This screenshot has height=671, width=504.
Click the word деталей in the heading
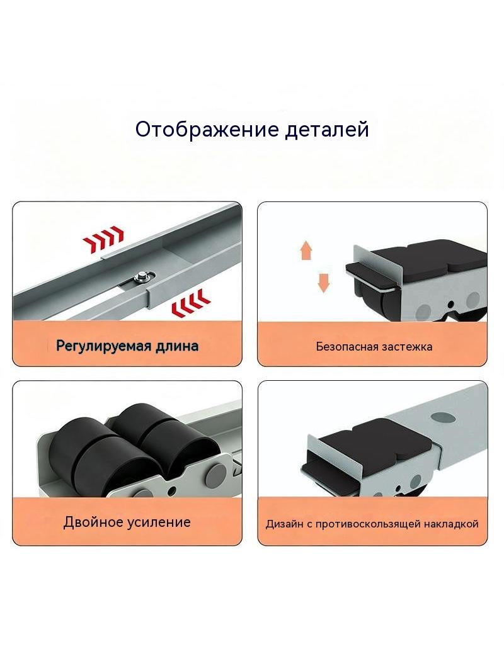(327, 129)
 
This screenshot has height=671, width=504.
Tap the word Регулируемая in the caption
(103, 346)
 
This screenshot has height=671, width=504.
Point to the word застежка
(406, 347)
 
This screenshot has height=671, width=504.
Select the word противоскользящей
(368, 524)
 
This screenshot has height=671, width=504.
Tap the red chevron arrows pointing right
(103, 239)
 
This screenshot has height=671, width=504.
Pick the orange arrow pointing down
(323, 283)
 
